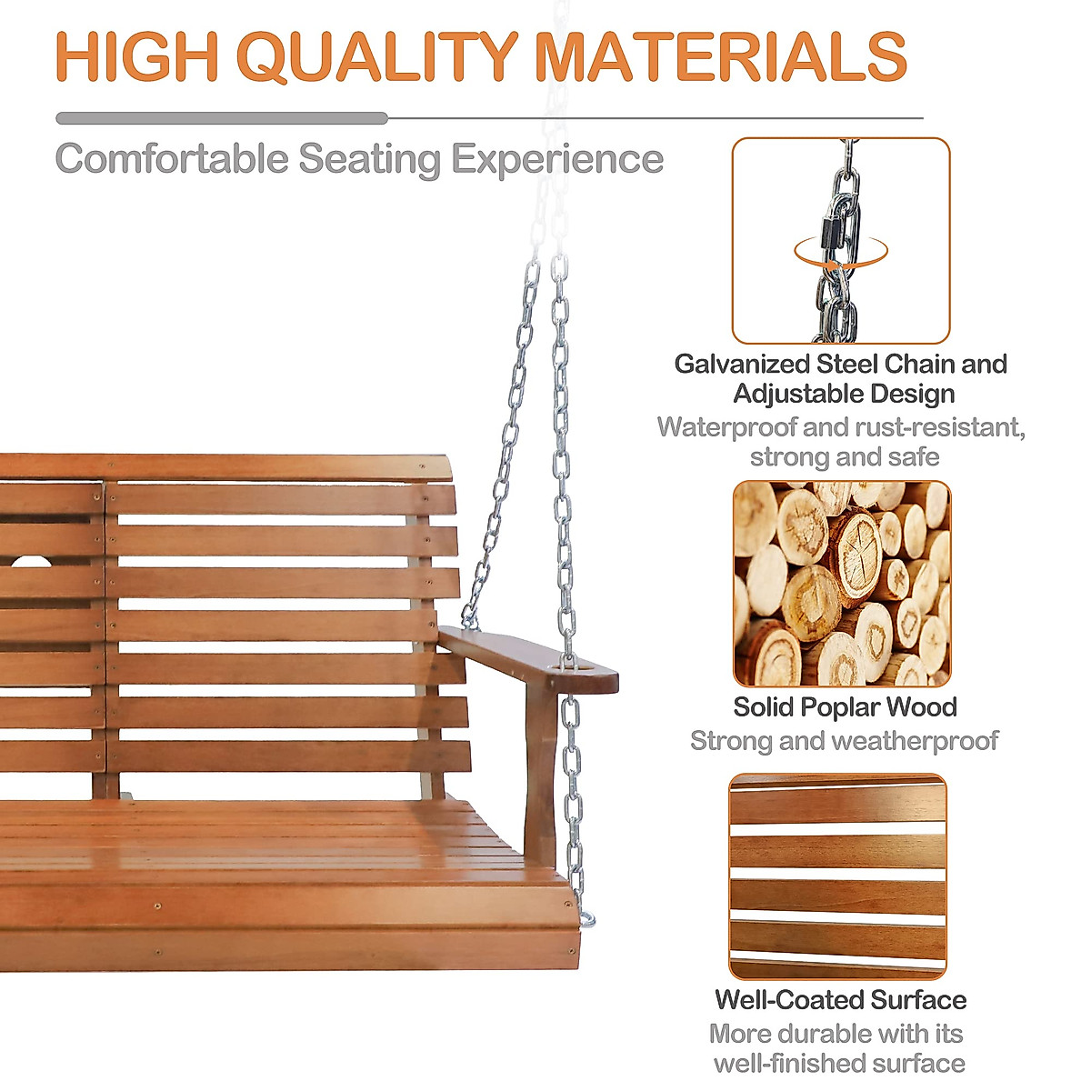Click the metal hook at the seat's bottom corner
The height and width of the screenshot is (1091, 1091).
(x=586, y=918)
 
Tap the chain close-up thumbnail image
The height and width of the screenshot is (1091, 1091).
(x=841, y=240)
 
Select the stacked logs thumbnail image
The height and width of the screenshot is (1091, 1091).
(x=841, y=584)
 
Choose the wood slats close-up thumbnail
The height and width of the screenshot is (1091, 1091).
(x=837, y=876)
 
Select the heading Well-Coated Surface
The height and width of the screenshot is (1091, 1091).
(x=841, y=1000)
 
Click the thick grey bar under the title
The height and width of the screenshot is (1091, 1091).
(x=222, y=118)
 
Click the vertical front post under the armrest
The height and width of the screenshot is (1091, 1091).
(x=540, y=773)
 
